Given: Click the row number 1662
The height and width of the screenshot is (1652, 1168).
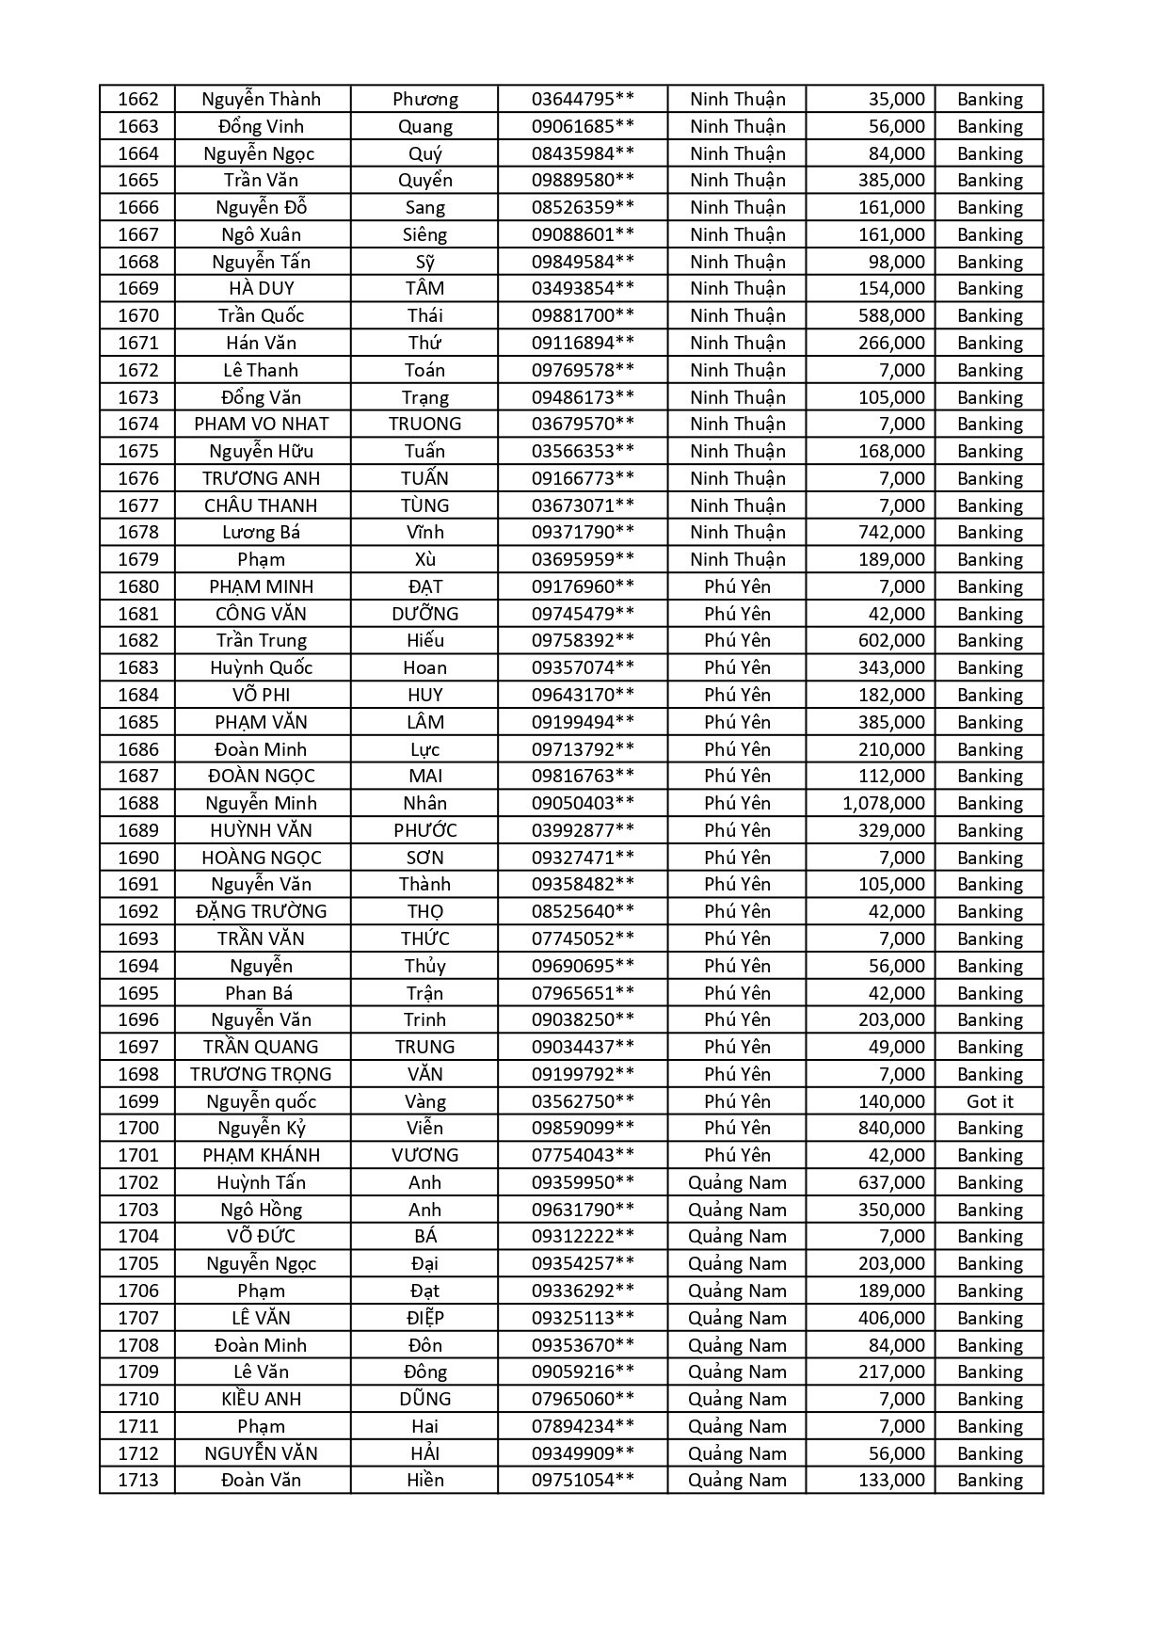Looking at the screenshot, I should click(138, 99).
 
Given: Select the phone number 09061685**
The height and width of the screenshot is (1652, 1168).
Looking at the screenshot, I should click(583, 126).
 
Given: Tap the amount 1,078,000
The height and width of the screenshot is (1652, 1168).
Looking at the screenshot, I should click(883, 803).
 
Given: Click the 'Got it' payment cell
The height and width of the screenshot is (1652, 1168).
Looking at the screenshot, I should click(989, 1101).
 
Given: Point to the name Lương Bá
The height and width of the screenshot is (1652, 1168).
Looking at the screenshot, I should click(261, 532).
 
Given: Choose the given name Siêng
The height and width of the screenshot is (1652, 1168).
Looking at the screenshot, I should click(424, 234).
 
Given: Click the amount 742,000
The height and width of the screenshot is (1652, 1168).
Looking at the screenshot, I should click(890, 532).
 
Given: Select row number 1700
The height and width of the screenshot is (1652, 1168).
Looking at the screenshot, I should click(138, 1128).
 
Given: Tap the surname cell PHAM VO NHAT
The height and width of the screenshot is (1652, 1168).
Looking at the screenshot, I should click(261, 424).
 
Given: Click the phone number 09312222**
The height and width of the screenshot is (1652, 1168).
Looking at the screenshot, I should click(583, 1236).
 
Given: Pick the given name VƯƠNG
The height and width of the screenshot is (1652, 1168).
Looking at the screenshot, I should click(424, 1155).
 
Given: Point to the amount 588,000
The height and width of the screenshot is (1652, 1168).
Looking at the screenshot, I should click(890, 315).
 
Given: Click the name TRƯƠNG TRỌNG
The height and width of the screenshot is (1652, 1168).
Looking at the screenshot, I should click(261, 1074).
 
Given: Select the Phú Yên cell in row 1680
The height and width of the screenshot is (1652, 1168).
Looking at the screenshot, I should click(737, 586).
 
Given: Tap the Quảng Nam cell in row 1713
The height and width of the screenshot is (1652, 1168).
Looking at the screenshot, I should click(737, 1480).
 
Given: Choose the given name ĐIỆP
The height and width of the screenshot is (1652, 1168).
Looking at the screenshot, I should click(424, 1318).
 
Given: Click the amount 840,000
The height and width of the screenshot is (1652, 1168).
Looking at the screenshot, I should click(890, 1128).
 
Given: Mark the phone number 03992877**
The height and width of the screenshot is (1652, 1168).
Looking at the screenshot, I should click(583, 830).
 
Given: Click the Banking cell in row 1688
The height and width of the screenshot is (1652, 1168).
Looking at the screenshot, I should click(989, 803).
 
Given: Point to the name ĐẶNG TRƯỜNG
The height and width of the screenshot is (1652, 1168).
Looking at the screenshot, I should click(261, 911).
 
